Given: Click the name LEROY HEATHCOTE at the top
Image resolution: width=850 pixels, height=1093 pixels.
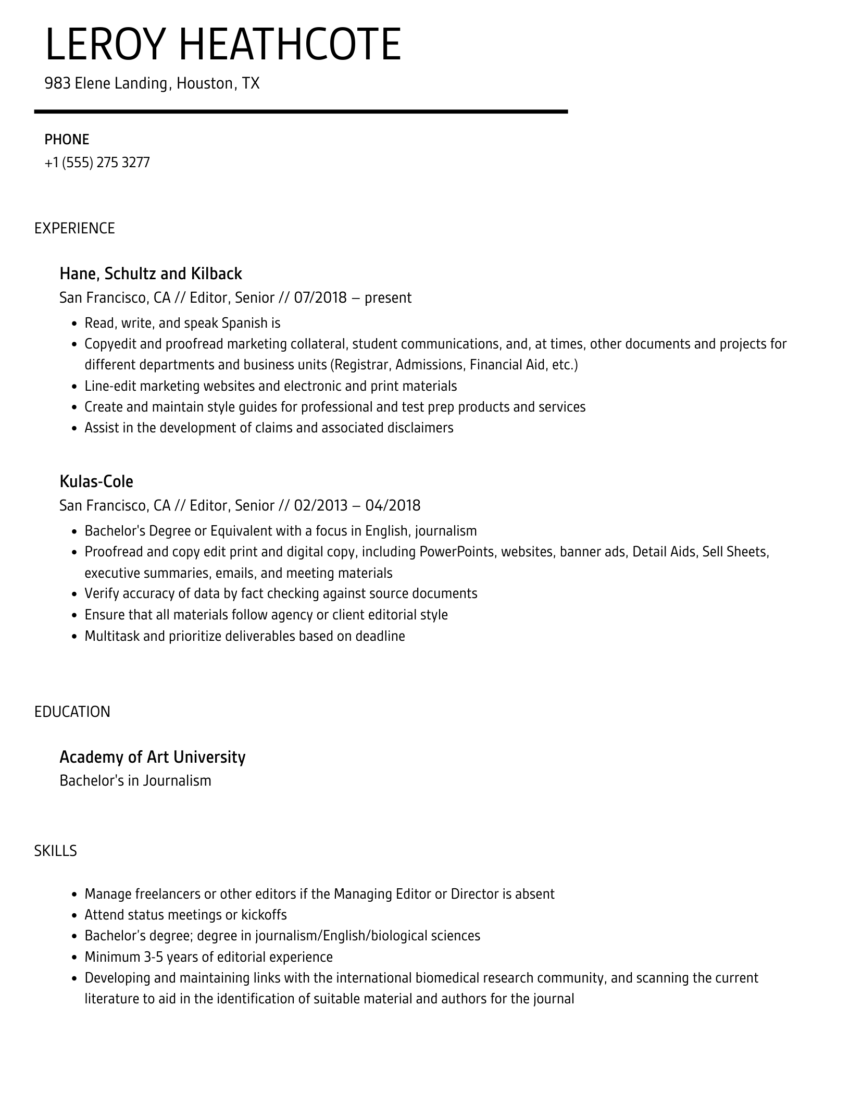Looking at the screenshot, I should coord(223,45).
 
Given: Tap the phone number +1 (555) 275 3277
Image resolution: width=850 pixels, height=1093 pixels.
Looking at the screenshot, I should coord(97,163).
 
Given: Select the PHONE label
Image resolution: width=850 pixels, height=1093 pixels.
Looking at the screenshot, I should coord(67,140).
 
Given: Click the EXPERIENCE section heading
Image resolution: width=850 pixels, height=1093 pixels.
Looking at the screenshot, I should coord(74,228).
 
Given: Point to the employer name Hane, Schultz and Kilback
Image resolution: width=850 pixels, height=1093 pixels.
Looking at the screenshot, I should coord(151,274).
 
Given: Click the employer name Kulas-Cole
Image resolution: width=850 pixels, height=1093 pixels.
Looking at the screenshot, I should coord(96,481).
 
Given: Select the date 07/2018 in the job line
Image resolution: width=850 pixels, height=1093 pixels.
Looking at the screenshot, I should coord(320,298).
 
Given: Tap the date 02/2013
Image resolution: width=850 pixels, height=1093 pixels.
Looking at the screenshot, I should coord(320,505).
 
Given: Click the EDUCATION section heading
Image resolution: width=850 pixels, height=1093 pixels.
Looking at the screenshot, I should coord(72,712).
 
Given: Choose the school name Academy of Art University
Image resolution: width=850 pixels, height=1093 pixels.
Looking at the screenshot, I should coord(152,756).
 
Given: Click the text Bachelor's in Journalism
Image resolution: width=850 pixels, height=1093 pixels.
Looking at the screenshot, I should coord(135,780).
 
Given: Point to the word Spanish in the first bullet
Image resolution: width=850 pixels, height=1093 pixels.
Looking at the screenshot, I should coord(244,323).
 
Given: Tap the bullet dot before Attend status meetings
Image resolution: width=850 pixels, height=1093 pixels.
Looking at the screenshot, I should coord(74,915).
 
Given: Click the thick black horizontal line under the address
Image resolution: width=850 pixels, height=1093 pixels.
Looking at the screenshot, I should coord(301,111).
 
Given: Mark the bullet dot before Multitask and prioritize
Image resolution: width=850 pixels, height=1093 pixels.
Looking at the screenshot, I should coord(74,637).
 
